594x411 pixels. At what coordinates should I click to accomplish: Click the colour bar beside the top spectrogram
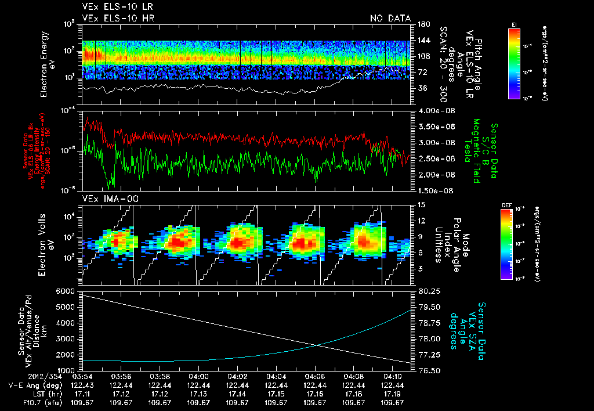(x=513, y=61)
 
